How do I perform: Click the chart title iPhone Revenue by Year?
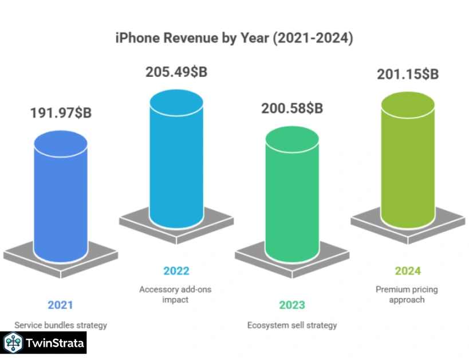(x=234, y=39)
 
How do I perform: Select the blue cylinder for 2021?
(x=61, y=201)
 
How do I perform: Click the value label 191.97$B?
(x=61, y=112)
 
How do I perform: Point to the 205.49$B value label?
(x=176, y=73)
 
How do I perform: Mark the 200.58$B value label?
(x=292, y=108)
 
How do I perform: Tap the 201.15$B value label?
(x=408, y=74)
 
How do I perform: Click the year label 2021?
(x=60, y=305)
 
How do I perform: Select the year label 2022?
(x=176, y=271)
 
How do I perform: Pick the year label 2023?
(x=292, y=305)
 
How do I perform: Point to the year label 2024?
(x=408, y=271)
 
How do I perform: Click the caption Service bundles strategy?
(x=61, y=325)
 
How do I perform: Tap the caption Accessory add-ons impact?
(x=175, y=294)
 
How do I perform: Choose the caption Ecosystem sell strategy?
(x=292, y=325)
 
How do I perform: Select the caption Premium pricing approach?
(x=407, y=294)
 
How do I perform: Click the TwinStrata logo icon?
(x=13, y=343)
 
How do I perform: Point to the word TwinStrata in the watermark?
(x=56, y=343)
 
